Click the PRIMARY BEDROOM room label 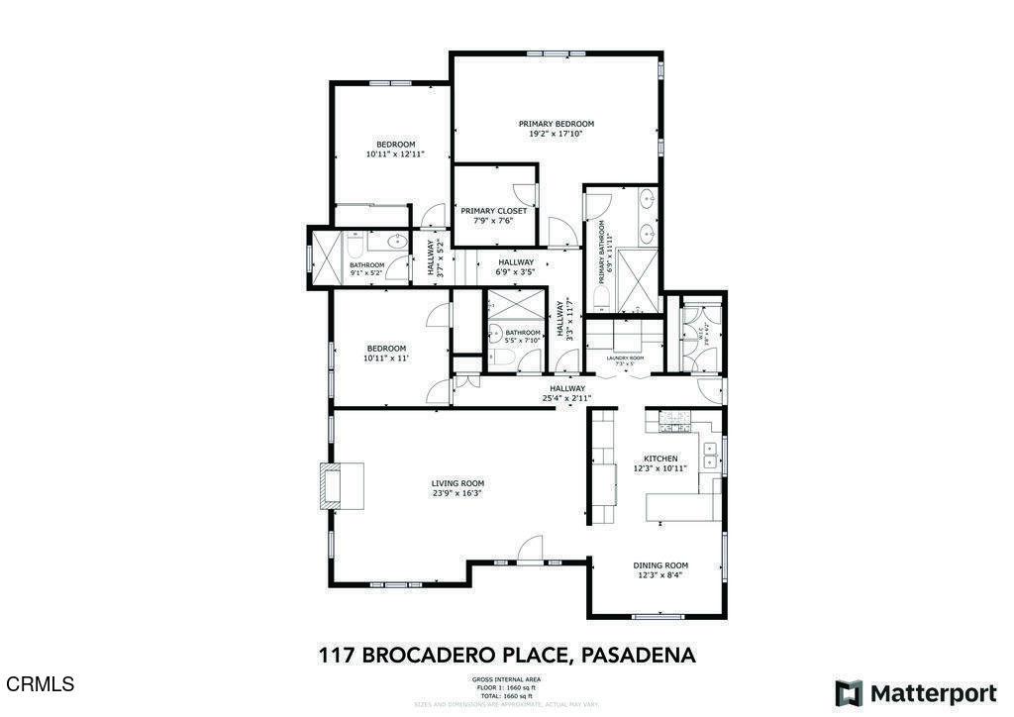pos(556,124)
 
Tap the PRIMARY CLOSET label pos(493,211)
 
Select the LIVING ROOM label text pos(456,483)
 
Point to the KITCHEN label pos(660,459)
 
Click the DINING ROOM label pos(660,565)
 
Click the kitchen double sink pos(710,455)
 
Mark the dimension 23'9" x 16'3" pos(456,493)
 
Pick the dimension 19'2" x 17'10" pos(556,134)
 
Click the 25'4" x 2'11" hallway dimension pos(566,398)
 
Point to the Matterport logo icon pos(848,692)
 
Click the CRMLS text pos(40,684)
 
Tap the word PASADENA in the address pos(638,655)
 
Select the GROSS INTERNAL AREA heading pos(506,679)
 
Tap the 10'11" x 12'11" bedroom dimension pos(394,154)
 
